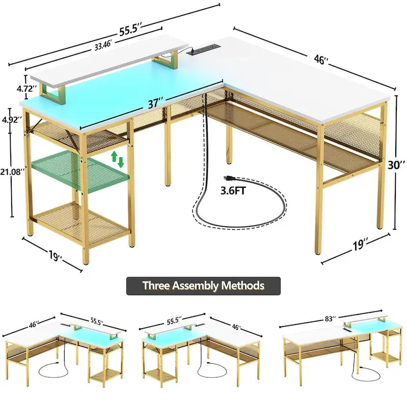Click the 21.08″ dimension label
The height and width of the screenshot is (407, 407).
point(13,172)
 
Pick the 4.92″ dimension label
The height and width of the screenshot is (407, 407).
point(12,120)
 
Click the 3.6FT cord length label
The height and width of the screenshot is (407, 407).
point(235,191)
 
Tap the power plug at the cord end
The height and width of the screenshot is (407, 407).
point(229,179)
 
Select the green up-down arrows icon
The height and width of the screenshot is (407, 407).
point(117,158)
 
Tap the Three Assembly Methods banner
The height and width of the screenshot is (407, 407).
point(203,285)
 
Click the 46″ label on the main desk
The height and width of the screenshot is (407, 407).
point(321,61)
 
